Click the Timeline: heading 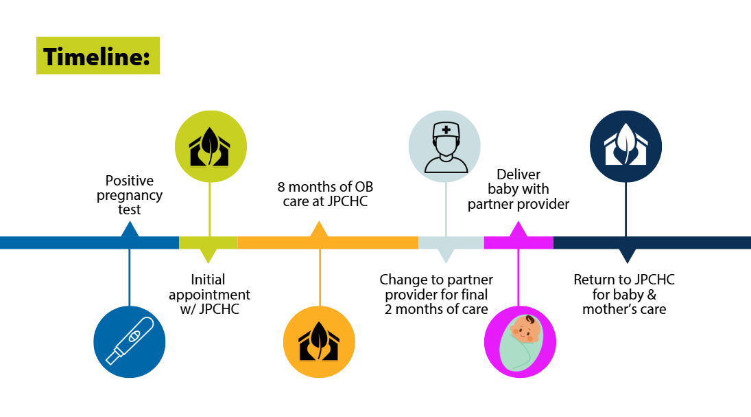[x=97, y=56]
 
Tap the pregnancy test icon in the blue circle [x=130, y=341]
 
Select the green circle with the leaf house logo [x=210, y=146]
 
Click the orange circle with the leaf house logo [x=319, y=341]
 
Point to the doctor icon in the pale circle [x=445, y=146]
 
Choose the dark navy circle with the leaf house [x=625, y=146]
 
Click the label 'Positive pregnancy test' [x=130, y=195]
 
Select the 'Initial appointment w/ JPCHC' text [x=209, y=294]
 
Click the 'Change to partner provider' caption [x=436, y=294]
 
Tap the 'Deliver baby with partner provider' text [x=518, y=189]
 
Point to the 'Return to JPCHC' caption [x=624, y=294]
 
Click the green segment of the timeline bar [x=208, y=243]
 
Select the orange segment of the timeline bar [x=328, y=243]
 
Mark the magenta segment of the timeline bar [x=518, y=243]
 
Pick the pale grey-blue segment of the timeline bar [x=451, y=243]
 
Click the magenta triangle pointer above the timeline [x=518, y=230]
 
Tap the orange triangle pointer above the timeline [x=319, y=230]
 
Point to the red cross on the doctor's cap [x=446, y=129]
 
